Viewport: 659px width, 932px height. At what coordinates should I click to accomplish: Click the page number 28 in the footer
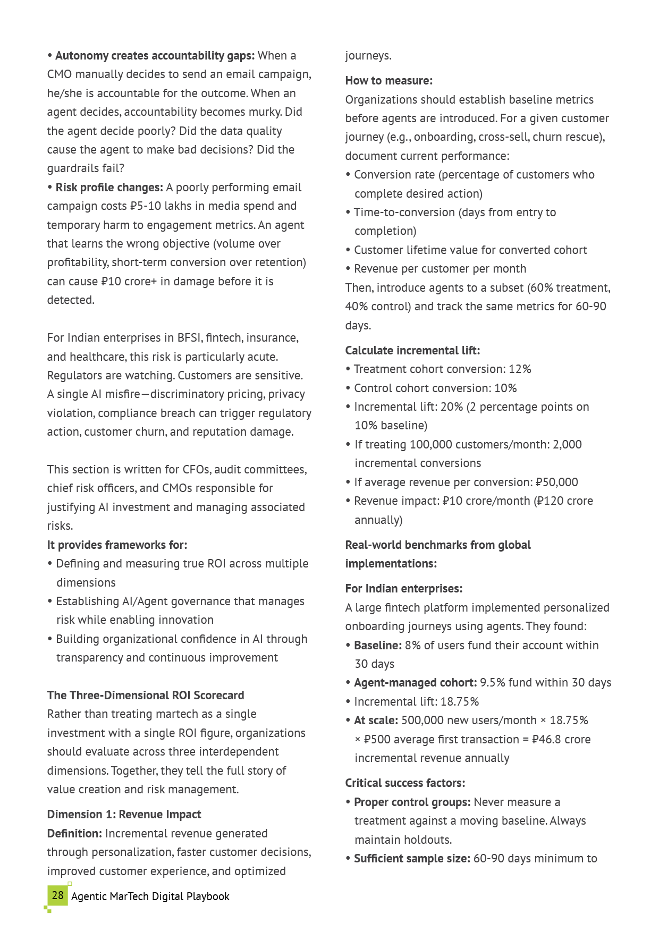click(57, 895)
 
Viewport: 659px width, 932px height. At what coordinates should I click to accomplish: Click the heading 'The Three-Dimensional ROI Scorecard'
click(146, 695)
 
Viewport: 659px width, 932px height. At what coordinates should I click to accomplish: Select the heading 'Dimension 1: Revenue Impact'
click(124, 814)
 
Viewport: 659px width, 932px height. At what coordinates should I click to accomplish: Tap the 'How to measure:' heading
click(388, 80)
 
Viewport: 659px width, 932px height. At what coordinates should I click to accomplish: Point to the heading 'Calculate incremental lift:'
click(412, 350)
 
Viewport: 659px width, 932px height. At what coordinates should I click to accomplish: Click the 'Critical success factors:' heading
click(405, 783)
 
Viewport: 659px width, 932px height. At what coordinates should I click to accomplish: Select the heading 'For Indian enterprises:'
click(403, 588)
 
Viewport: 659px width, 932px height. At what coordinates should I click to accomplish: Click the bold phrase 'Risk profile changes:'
click(109, 187)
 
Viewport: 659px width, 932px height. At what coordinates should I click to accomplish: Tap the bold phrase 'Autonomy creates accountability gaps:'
click(155, 55)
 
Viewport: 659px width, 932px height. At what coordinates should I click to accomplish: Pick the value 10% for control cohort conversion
click(505, 388)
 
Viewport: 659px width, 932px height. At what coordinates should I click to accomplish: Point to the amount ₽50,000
click(556, 482)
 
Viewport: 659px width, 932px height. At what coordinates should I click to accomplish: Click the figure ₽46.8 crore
click(561, 739)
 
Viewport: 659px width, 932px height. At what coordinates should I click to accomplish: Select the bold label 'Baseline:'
click(378, 645)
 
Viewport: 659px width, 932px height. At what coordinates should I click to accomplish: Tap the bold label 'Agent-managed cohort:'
click(415, 682)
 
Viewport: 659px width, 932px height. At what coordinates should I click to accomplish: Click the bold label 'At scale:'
click(376, 720)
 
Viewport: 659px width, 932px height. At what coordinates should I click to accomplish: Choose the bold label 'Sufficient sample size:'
click(412, 858)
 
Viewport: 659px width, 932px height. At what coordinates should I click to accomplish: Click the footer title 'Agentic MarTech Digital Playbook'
click(150, 896)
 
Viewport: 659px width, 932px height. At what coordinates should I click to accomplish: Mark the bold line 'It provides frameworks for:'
click(117, 545)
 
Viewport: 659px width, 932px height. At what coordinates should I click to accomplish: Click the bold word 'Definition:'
click(74, 833)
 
